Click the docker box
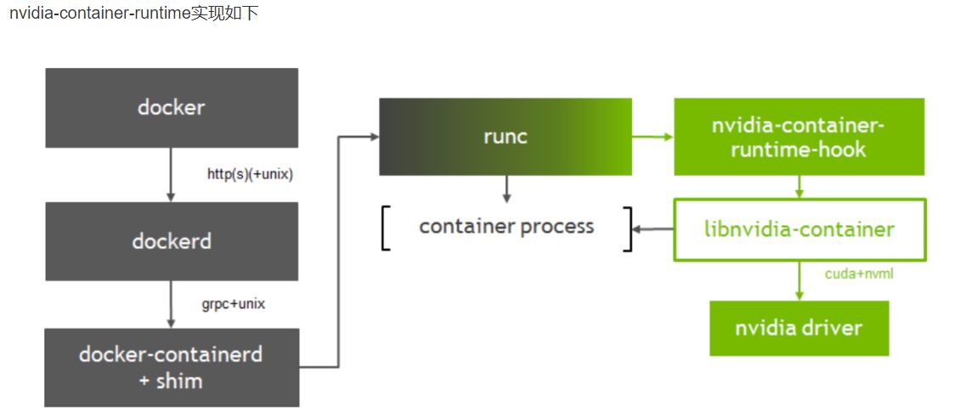coord(172,108)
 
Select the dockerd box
coord(172,241)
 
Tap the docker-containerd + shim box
coord(172,367)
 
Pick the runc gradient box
coord(505,137)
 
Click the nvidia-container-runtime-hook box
coord(799,138)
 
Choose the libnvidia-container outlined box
coord(799,229)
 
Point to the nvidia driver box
coord(799,328)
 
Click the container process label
coord(506,227)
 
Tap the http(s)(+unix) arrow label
coord(250,175)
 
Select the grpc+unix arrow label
coord(233,303)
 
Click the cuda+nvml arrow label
coord(859,274)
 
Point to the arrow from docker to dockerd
coord(171,174)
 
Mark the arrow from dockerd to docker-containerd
coord(171,304)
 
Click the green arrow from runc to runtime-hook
coord(652,136)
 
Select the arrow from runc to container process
coord(506,188)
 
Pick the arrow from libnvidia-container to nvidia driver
coord(799,280)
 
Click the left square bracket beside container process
coord(386,228)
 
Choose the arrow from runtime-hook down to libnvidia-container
coord(799,187)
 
